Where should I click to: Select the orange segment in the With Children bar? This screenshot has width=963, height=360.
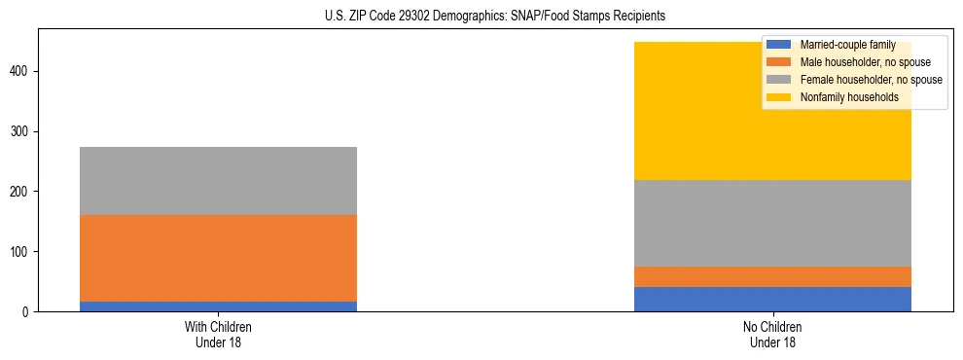click(218, 258)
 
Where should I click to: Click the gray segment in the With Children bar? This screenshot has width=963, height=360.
click(218, 181)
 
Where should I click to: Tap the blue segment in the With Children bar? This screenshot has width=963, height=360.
click(218, 306)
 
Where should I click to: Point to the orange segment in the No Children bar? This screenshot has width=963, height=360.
click(772, 276)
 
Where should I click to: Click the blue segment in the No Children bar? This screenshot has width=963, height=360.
click(772, 299)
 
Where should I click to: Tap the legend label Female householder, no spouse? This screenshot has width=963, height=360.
click(871, 80)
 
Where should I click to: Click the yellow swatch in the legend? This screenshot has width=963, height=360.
click(779, 97)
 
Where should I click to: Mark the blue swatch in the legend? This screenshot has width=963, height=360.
click(779, 45)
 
